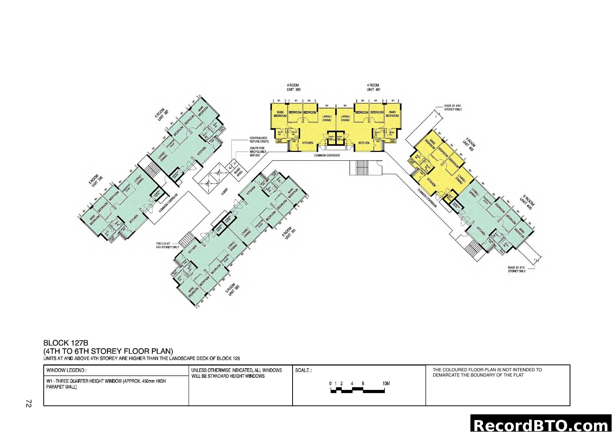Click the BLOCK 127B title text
[x=66, y=343]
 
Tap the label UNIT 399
[x=293, y=89]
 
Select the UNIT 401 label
[x=373, y=89]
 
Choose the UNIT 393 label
[x=234, y=290]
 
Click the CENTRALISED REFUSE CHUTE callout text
[x=259, y=140]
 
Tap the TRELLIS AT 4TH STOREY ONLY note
[x=167, y=245]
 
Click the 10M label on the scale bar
[x=386, y=384]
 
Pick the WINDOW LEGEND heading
[x=66, y=371]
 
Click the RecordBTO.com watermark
[x=542, y=425]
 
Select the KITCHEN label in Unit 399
[x=307, y=143]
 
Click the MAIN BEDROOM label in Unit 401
[x=392, y=114]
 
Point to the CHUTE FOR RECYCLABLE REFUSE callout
[x=258, y=151]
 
